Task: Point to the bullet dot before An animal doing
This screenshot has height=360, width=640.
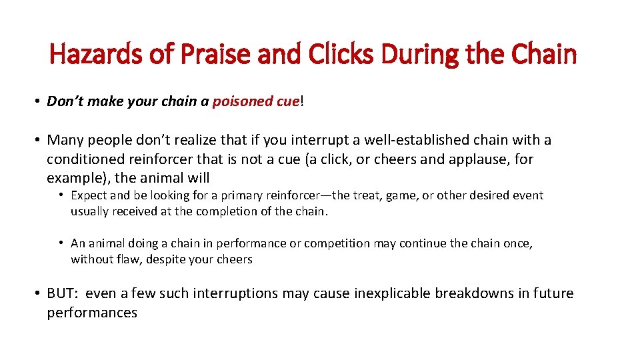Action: click(x=61, y=243)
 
